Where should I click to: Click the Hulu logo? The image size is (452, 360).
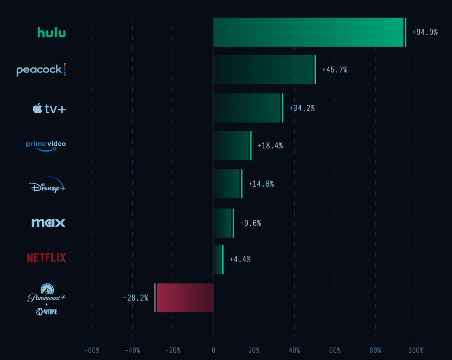point(51,32)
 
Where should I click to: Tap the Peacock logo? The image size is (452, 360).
point(41,70)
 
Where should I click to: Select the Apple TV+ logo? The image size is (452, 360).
point(49,108)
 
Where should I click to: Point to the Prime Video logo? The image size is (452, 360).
point(46,146)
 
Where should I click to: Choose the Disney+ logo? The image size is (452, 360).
point(48,185)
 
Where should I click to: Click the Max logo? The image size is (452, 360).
point(48,223)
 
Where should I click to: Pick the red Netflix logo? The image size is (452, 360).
point(46,257)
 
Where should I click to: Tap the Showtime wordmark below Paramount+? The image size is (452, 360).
point(46,312)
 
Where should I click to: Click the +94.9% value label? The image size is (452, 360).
point(425,32)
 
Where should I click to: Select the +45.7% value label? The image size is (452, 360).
point(334,70)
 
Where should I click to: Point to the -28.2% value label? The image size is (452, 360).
point(136,298)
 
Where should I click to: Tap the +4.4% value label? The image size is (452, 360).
point(240,259)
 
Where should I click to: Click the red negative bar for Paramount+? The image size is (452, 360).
point(184,298)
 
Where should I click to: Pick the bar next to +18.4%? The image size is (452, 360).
point(232,146)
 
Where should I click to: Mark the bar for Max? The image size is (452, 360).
point(223,223)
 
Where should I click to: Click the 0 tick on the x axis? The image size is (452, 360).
point(214,350)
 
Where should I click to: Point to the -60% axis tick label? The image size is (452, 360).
point(92,350)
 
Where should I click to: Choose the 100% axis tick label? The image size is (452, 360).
point(416,350)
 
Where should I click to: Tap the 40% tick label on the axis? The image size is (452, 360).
point(294,350)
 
